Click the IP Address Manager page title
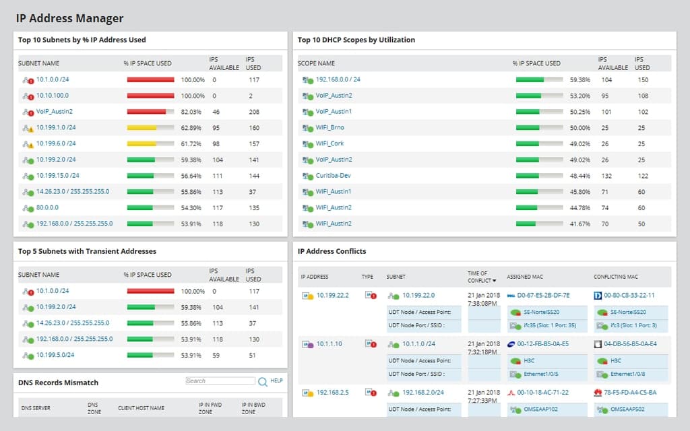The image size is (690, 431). pos(69,19)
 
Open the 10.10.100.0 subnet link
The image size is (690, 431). pos(52,96)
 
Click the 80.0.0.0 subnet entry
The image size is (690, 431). pos(47,207)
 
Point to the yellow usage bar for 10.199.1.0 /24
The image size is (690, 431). pos(142,127)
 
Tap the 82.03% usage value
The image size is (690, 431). pos(191,112)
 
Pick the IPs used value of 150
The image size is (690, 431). pos(643,79)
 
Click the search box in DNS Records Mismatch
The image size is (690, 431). pos(220,381)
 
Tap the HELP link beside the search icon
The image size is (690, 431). pos(276,380)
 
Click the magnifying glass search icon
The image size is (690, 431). pos(263,382)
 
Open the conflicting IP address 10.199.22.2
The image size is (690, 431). pos(332,296)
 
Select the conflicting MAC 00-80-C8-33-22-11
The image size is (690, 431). pos(629,295)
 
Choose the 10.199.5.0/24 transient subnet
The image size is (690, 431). pos(55,355)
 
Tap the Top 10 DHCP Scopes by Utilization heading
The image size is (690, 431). pos(356,40)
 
